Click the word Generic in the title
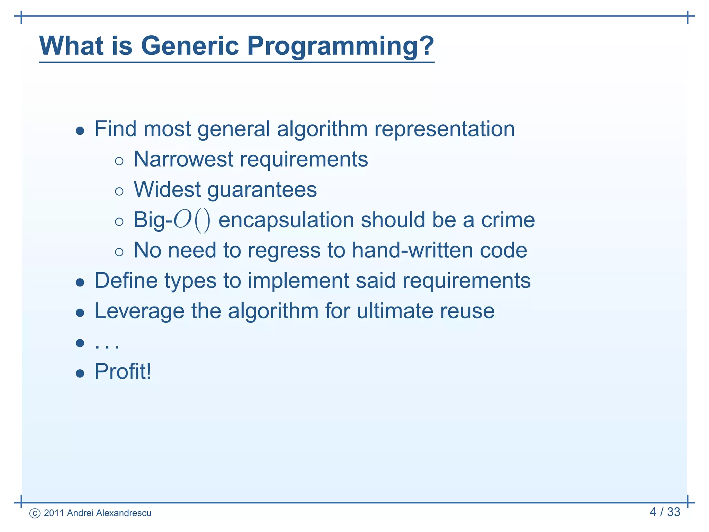coord(190,46)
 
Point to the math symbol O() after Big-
coord(191,220)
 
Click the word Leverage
coord(139,311)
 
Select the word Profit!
coord(123,372)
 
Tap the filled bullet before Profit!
coord(80,373)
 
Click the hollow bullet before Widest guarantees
coord(119,192)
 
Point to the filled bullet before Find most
coord(80,131)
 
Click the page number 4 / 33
coord(665,512)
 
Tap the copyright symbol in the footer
coord(35,513)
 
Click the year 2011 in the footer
coord(54,513)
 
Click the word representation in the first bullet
coord(444,129)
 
